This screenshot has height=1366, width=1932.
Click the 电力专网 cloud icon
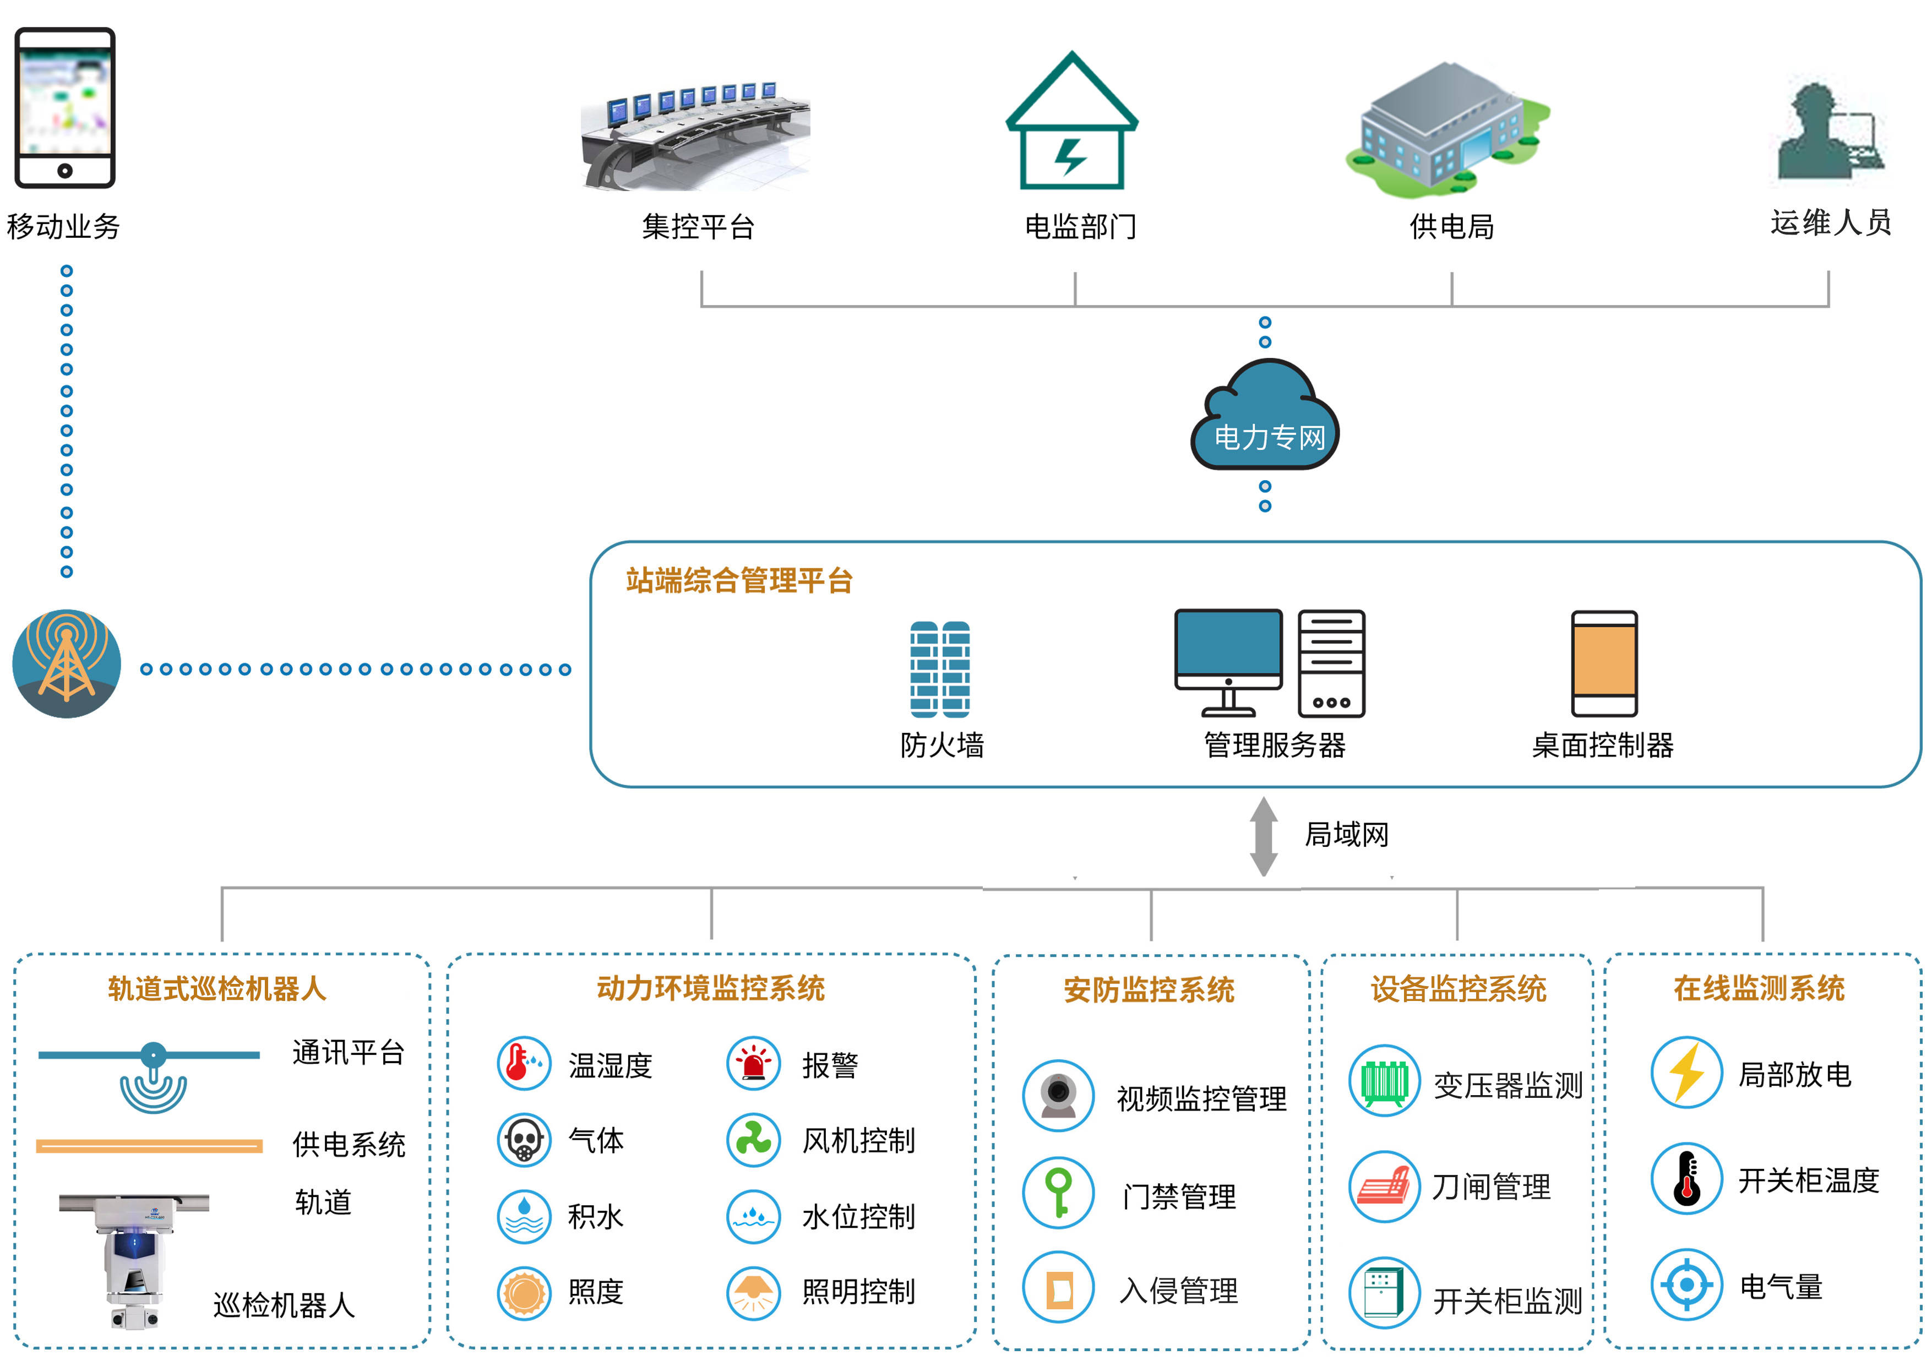click(x=1264, y=417)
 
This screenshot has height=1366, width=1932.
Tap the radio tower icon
click(x=67, y=664)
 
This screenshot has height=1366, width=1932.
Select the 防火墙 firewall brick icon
click(x=939, y=669)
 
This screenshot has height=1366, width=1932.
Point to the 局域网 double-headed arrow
click(x=1263, y=836)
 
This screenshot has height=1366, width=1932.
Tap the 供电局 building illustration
click(x=1447, y=130)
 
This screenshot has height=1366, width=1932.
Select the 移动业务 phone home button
click(x=65, y=171)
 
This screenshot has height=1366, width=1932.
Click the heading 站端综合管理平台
click(x=739, y=581)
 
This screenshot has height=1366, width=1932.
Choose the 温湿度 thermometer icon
click(x=524, y=1063)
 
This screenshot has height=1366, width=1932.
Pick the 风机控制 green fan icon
click(x=753, y=1140)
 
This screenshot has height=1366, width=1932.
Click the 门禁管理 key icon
click(x=1059, y=1193)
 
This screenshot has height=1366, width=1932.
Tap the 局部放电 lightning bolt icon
click(x=1686, y=1073)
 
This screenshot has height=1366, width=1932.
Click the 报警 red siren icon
click(x=753, y=1063)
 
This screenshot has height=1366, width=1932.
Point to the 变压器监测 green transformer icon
click(x=1384, y=1081)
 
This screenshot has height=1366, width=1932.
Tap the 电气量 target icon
click(x=1686, y=1285)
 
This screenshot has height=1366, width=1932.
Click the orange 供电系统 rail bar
click(x=149, y=1145)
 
